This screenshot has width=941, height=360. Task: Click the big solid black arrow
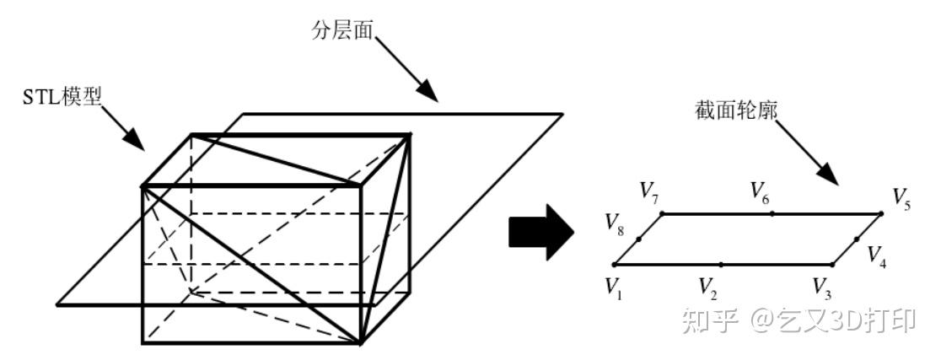point(540,232)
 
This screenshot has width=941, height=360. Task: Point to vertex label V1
point(612,287)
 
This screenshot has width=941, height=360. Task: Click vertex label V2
point(707,289)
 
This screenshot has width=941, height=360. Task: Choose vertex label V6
point(761,191)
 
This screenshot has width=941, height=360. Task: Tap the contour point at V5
point(881,213)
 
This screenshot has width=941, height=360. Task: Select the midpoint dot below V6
point(772,213)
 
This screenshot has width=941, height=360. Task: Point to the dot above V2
point(721,265)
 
